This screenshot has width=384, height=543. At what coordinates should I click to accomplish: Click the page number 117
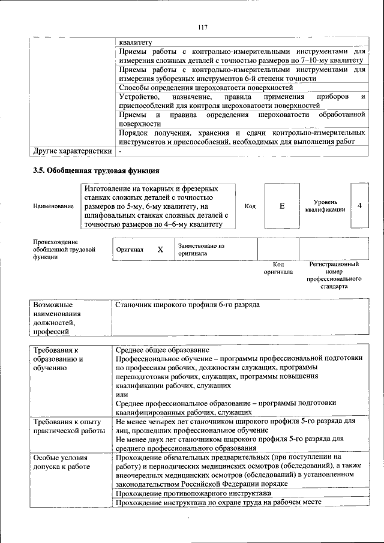pyautogui.click(x=202, y=26)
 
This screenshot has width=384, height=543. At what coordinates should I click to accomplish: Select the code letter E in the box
pyautogui.click(x=281, y=206)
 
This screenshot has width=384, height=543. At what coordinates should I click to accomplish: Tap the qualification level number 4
pyautogui.click(x=359, y=206)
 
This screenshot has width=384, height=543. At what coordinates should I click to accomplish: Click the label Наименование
pyautogui.click(x=53, y=206)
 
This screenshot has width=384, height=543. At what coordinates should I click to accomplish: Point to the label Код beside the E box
pyautogui.click(x=250, y=206)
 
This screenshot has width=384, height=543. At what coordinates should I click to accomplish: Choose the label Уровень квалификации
pyautogui.click(x=325, y=206)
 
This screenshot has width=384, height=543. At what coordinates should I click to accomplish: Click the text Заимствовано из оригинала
pyautogui.click(x=200, y=250)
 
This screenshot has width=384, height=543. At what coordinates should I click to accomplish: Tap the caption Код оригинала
pyautogui.click(x=278, y=268)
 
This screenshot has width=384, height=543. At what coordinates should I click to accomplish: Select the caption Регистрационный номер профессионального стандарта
pyautogui.click(x=334, y=275)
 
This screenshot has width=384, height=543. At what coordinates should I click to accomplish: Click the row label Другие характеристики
pyautogui.click(x=73, y=151)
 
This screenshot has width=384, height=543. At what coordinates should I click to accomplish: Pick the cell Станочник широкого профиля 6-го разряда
pyautogui.click(x=187, y=305)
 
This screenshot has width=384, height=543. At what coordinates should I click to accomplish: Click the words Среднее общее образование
pyautogui.click(x=162, y=350)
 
